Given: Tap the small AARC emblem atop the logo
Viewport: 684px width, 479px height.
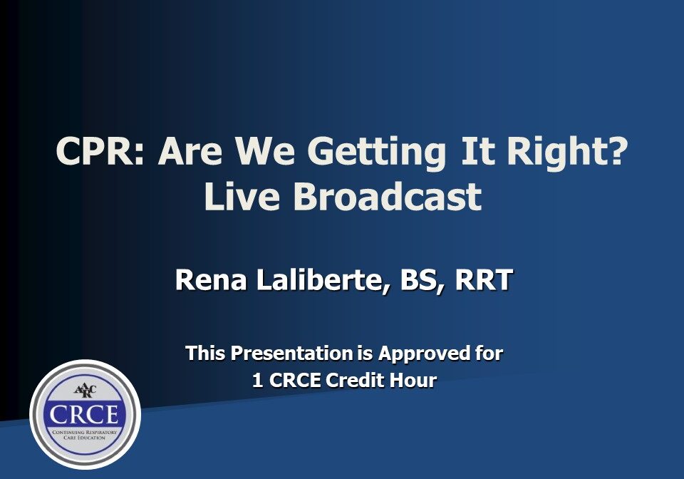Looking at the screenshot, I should (x=85, y=391).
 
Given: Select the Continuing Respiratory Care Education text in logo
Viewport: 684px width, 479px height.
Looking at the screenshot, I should (x=85, y=435).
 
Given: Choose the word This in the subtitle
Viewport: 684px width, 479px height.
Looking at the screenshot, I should (x=206, y=353).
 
